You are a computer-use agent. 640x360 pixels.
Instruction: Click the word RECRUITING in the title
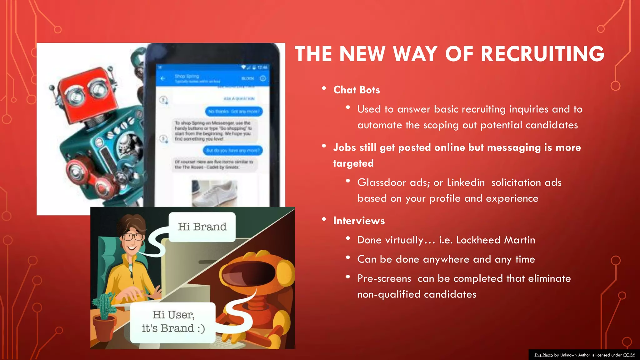(x=542, y=54)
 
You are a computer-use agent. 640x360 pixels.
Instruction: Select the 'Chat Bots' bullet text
(x=357, y=90)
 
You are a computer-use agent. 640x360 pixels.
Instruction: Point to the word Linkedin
(x=466, y=182)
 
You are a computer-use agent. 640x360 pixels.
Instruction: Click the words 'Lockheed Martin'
(x=496, y=240)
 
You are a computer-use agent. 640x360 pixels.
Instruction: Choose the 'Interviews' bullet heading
(x=359, y=221)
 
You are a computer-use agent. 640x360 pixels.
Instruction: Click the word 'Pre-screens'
(x=384, y=278)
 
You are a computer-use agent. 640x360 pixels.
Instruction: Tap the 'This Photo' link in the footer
(x=543, y=355)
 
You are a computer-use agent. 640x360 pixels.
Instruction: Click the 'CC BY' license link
(x=629, y=355)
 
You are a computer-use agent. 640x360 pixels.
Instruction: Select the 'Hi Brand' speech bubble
(x=202, y=227)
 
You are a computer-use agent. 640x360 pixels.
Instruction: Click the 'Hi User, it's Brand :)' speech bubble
(x=173, y=322)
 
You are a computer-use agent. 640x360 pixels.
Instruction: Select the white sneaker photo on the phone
(x=215, y=193)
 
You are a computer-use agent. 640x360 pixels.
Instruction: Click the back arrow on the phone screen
(x=162, y=78)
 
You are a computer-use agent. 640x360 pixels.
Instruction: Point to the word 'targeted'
(x=353, y=163)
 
